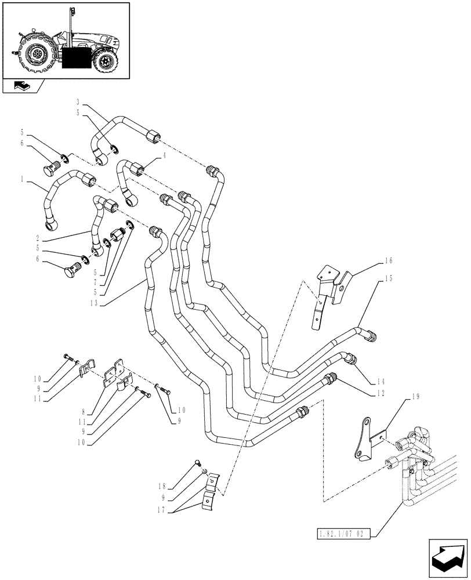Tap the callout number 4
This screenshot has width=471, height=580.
[164, 155]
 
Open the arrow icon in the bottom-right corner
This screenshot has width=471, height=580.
[448, 558]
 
